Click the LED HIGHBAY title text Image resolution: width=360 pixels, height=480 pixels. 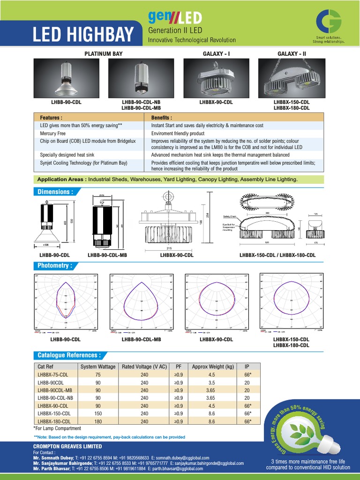[82, 34]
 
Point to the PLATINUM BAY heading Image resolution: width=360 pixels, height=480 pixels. [103, 54]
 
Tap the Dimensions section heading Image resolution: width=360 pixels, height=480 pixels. [55, 192]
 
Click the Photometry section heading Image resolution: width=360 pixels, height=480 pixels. [55, 266]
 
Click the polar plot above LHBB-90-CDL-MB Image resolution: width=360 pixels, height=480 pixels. [142, 303]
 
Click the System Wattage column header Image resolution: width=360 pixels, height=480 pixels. [97, 367]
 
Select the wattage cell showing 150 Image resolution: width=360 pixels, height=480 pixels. [97, 413]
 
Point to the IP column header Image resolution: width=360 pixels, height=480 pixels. [247, 367]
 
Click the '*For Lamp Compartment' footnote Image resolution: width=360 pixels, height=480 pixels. [57, 428]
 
